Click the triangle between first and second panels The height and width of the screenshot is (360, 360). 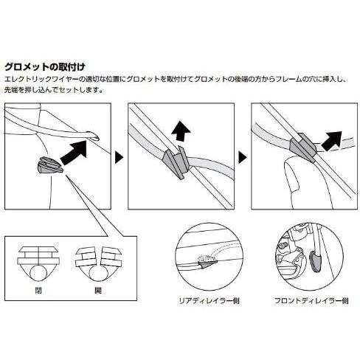click(x=119, y=157)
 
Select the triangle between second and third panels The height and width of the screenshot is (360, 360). click(x=242, y=157)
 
